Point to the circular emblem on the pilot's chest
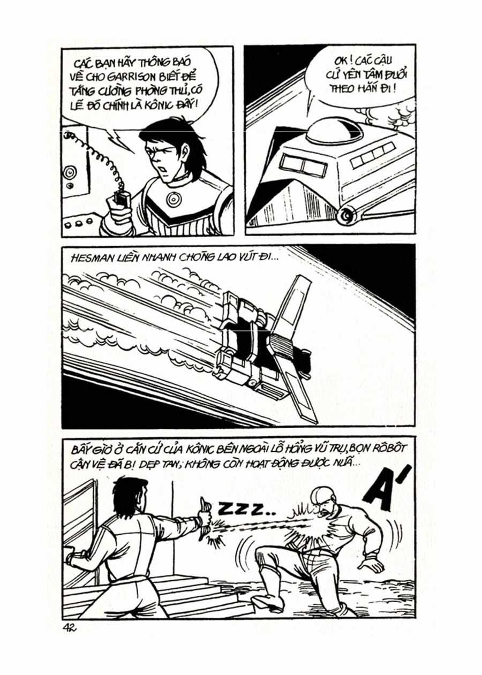pos(173,200)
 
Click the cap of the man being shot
pos(322,496)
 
